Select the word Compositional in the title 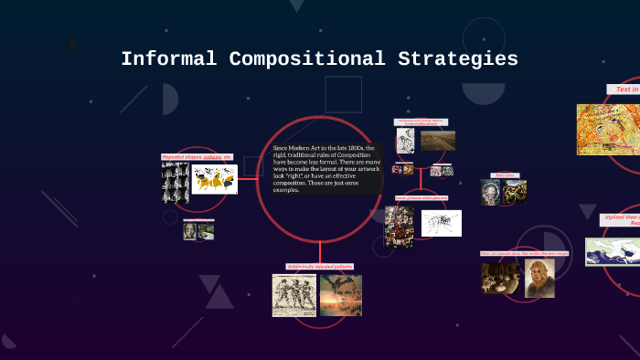[x=306, y=59]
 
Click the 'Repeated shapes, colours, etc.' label [x=197, y=157]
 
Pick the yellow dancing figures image [x=215, y=180]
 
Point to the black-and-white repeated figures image [x=176, y=183]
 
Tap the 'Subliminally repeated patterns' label [x=319, y=267]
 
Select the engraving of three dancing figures [x=293, y=295]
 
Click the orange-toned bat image [x=340, y=295]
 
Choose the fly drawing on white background [x=441, y=223]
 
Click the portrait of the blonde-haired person [x=539, y=279]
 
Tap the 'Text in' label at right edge [x=624, y=90]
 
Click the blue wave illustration [x=613, y=251]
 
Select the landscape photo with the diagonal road [x=438, y=141]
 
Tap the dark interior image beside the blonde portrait [x=500, y=278]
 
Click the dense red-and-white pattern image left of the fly [x=399, y=226]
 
